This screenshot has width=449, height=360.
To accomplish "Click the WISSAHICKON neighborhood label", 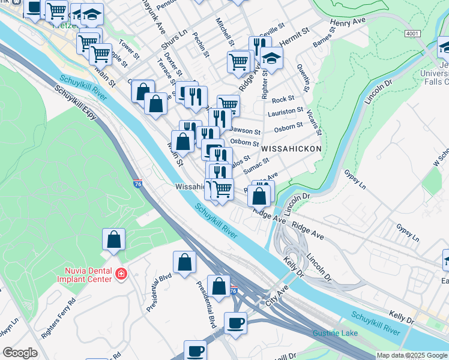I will click(x=291, y=148).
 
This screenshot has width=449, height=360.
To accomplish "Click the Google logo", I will click(x=20, y=353).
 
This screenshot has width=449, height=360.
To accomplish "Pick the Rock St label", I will click(x=283, y=100).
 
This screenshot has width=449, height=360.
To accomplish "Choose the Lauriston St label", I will click(x=286, y=112).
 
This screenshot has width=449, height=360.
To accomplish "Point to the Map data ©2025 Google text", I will click(x=412, y=355).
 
